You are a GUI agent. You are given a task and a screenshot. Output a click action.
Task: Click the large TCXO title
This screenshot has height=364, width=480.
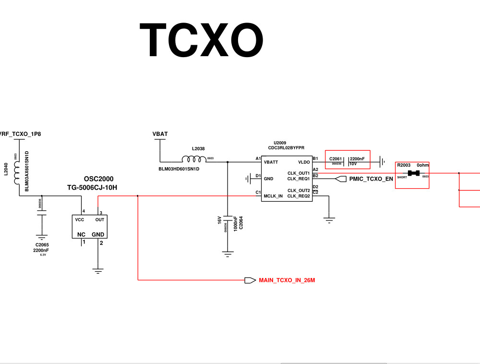pyautogui.click(x=201, y=40)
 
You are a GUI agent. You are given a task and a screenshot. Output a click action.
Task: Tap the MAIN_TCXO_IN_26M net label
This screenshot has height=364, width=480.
pyautogui.click(x=287, y=279)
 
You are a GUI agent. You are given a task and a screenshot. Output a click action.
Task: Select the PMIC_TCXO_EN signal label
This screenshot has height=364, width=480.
pyautogui.click(x=372, y=179)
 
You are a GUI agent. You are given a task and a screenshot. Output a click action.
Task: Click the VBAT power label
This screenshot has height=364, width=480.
pyautogui.click(x=160, y=133)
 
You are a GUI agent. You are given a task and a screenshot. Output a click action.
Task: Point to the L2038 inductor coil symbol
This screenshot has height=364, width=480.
pyautogui.click(x=193, y=159)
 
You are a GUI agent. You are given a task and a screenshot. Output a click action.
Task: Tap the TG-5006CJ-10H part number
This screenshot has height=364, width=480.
pyautogui.click(x=92, y=187)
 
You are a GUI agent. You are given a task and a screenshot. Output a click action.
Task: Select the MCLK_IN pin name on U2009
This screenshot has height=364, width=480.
pyautogui.click(x=273, y=196)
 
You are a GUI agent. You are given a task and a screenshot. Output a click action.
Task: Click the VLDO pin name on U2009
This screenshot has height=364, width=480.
pyautogui.click(x=304, y=162)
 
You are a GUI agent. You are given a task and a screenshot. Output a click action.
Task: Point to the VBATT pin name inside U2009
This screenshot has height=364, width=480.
pyautogui.click(x=271, y=162)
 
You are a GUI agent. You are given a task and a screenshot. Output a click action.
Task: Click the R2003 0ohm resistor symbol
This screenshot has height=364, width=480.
pyautogui.click(x=414, y=173)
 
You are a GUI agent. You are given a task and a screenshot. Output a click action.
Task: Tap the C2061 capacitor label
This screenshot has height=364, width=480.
pyautogui.click(x=336, y=158)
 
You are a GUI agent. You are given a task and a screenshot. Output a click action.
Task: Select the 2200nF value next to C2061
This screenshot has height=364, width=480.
pyautogui.click(x=357, y=158)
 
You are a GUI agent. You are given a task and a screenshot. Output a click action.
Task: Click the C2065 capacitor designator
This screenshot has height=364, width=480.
pyautogui.click(x=42, y=245)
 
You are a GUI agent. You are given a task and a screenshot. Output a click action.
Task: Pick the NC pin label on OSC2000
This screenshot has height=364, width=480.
pyautogui.click(x=81, y=235)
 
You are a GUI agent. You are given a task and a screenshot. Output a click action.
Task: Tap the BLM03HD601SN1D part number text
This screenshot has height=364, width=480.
pyautogui.click(x=179, y=169)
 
